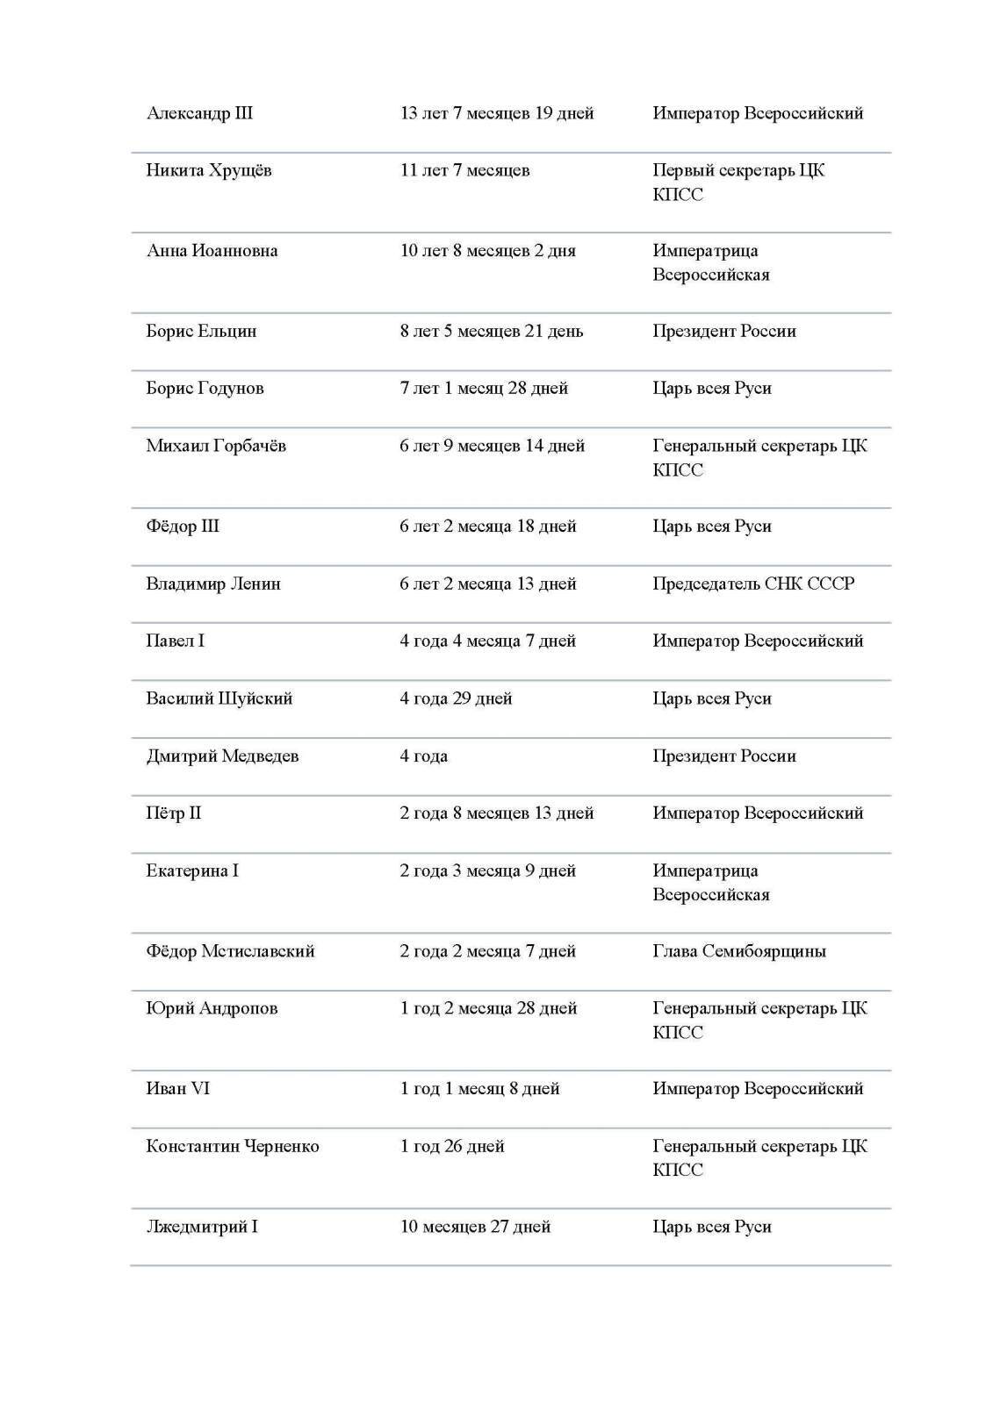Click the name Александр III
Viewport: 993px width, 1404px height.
199,113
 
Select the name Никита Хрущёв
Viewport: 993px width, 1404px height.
209,170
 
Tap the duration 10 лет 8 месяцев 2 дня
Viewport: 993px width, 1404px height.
487,251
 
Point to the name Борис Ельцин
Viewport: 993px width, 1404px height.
201,332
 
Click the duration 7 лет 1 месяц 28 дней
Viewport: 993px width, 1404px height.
484,389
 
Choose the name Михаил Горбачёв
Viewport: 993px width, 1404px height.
216,446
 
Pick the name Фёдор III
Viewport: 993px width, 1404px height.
183,526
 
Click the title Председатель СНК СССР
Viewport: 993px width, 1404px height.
752,584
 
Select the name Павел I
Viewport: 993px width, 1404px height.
175,641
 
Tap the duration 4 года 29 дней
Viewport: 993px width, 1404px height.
456,698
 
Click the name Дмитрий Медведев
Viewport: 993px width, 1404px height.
222,756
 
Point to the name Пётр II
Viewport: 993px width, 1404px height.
173,813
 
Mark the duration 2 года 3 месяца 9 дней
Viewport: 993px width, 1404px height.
487,871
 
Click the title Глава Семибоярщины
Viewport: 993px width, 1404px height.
738,951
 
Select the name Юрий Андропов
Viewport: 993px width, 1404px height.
212,1008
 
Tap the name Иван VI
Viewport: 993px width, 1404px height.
177,1089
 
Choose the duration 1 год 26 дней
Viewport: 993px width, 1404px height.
452,1146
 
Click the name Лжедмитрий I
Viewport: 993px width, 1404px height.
202,1227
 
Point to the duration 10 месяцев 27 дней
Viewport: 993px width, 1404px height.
475,1227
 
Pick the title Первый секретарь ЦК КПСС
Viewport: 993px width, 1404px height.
738,182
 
